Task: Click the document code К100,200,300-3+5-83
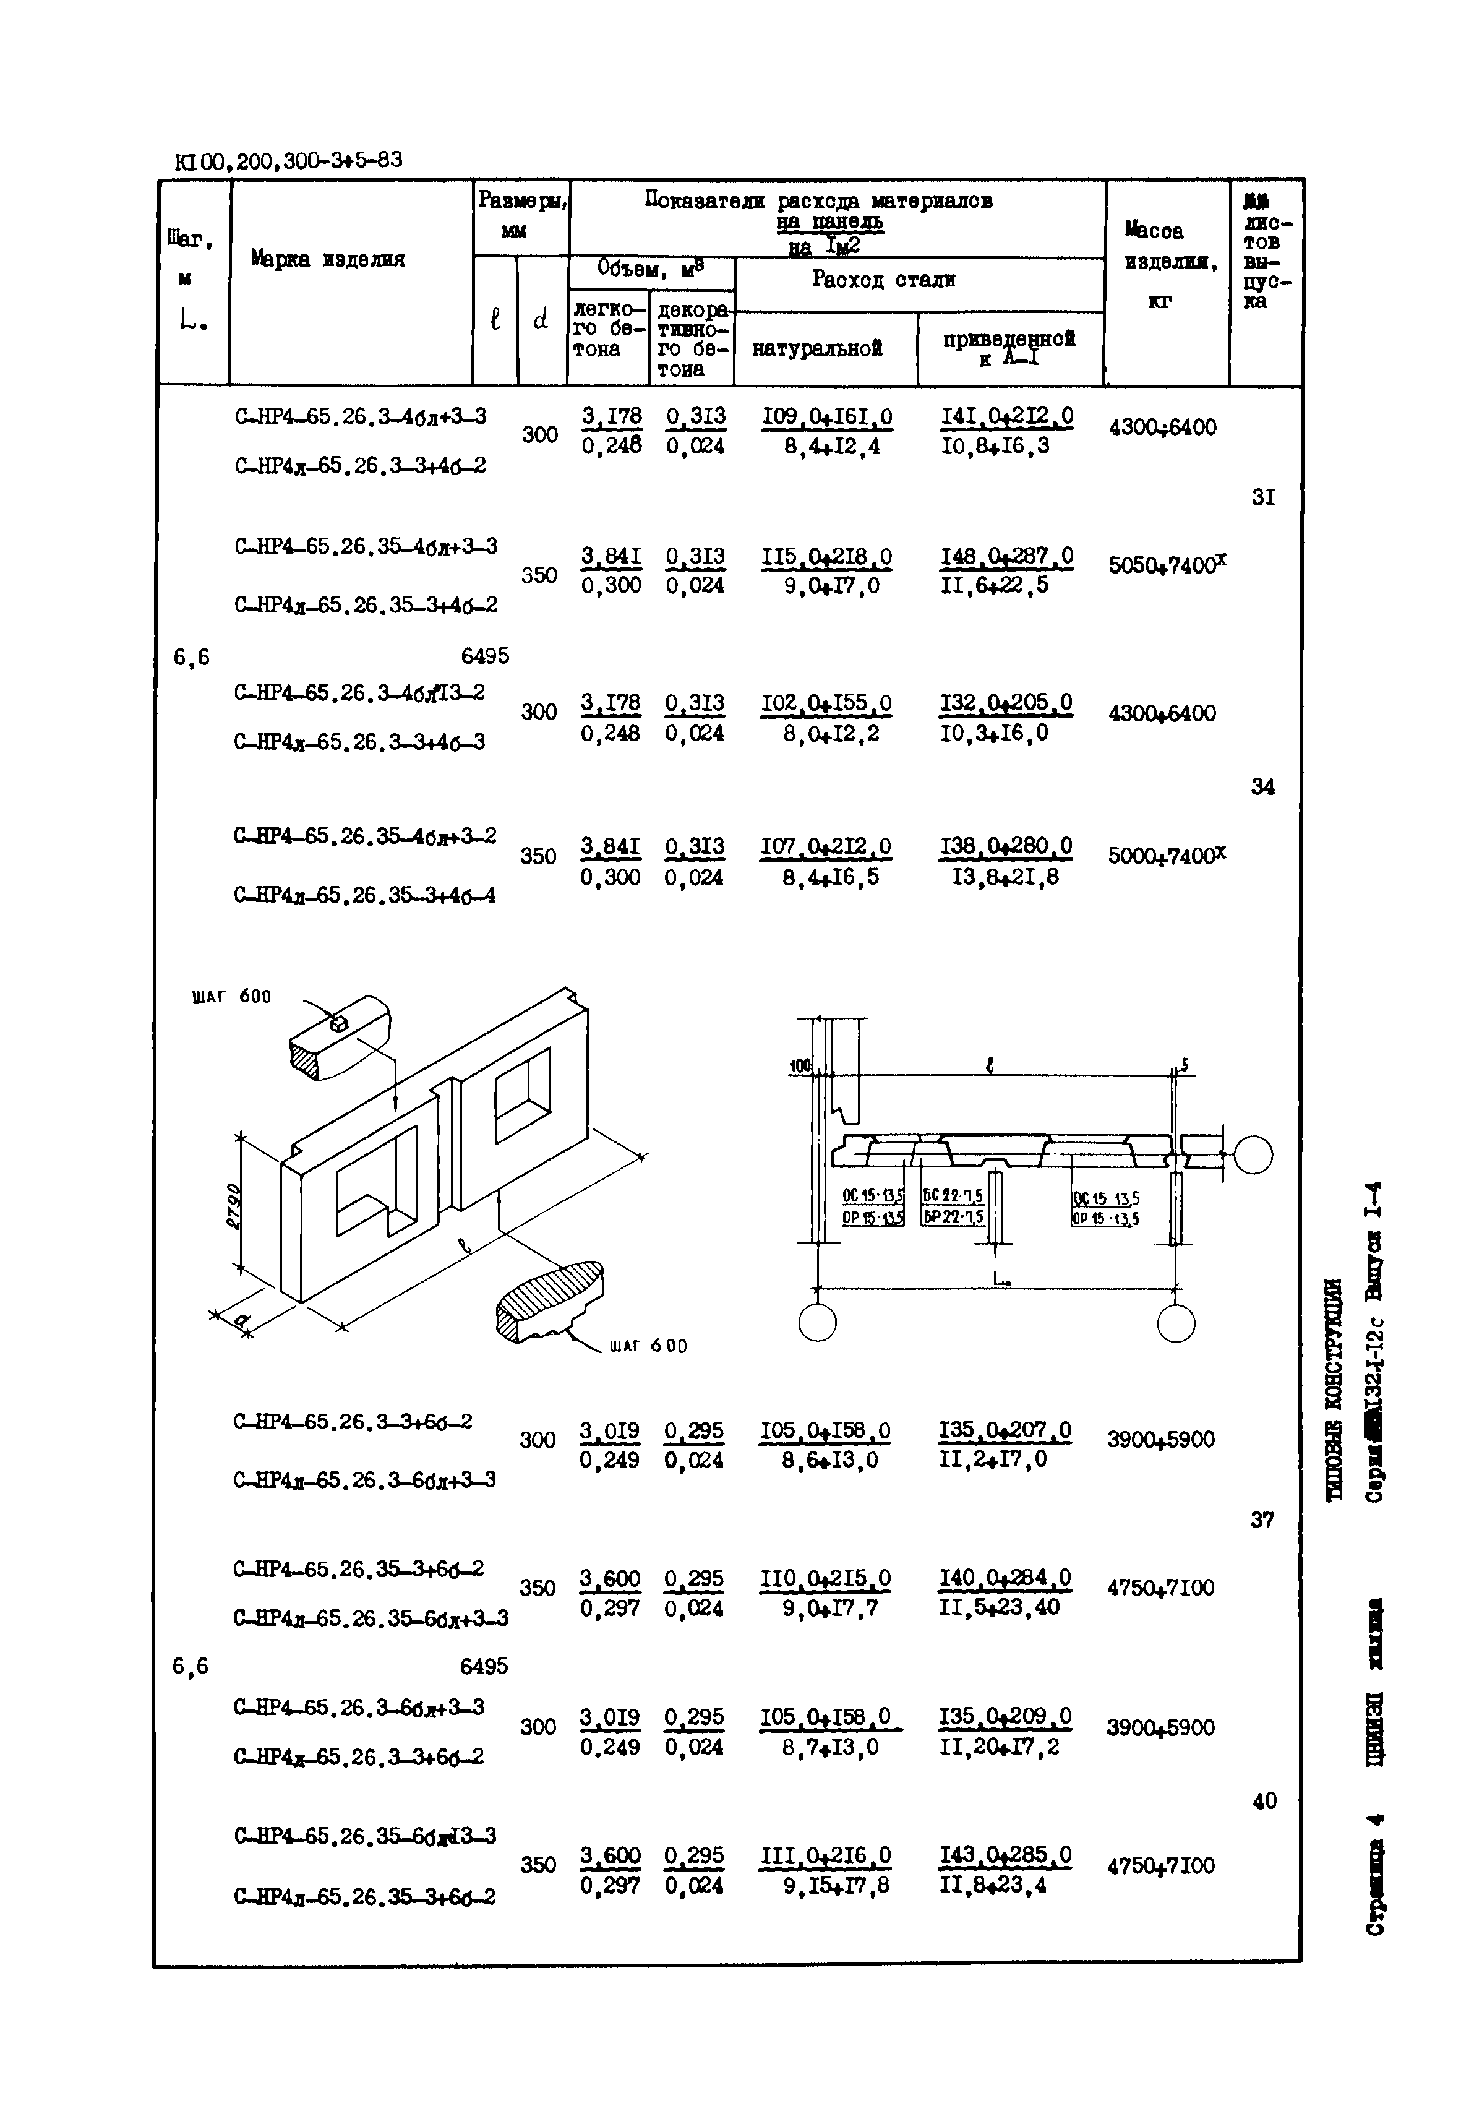coord(288,161)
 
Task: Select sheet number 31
coord(1263,497)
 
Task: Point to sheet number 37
coord(1261,1519)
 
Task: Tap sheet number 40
coord(1263,1800)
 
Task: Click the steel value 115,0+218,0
coord(826,557)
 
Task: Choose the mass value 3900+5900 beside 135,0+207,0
coord(1160,1440)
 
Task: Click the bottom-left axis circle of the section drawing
coord(816,1322)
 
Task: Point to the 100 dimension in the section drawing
coord(800,1066)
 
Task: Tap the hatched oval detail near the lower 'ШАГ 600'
coord(549,1299)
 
